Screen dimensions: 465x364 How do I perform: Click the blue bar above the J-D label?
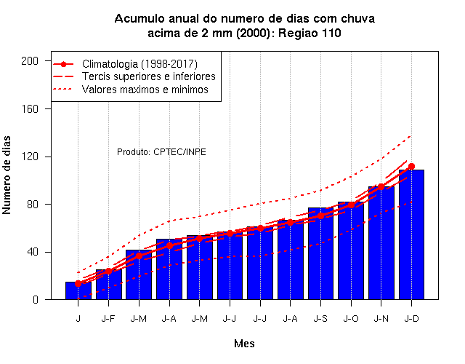pyautogui.click(x=411, y=234)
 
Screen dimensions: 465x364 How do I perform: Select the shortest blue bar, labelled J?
pyautogui.click(x=78, y=290)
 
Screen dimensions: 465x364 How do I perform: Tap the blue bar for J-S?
pyautogui.click(x=320, y=253)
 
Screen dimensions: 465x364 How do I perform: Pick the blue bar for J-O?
pyautogui.click(x=351, y=250)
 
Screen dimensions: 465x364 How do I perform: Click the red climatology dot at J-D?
pyautogui.click(x=411, y=167)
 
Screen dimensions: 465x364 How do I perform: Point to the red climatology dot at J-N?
pyautogui.click(x=381, y=186)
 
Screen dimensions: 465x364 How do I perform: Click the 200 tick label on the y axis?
pyautogui.click(x=30, y=61)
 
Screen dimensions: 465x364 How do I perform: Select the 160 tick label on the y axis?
pyautogui.click(x=30, y=109)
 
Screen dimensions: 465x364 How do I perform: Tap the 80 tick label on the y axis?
pyautogui.click(x=32, y=205)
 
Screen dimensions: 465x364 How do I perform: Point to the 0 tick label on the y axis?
pyautogui.click(x=36, y=300)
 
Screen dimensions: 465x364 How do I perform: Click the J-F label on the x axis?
pyautogui.click(x=108, y=319)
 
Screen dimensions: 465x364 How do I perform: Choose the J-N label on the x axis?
pyautogui.click(x=381, y=319)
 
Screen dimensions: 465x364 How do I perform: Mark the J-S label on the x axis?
pyautogui.click(x=320, y=319)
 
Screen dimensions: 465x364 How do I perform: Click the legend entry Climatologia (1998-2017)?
pyautogui.click(x=139, y=64)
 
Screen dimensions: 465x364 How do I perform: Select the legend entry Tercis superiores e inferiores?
pyautogui.click(x=149, y=76)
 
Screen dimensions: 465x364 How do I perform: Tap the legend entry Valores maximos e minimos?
pyautogui.click(x=145, y=90)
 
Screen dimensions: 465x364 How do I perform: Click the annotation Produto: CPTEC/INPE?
pyautogui.click(x=161, y=152)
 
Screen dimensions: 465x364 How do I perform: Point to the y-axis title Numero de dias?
pyautogui.click(x=7, y=175)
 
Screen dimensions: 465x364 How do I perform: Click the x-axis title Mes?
pyautogui.click(x=244, y=344)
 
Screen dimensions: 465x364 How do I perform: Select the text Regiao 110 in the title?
pyautogui.click(x=310, y=33)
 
